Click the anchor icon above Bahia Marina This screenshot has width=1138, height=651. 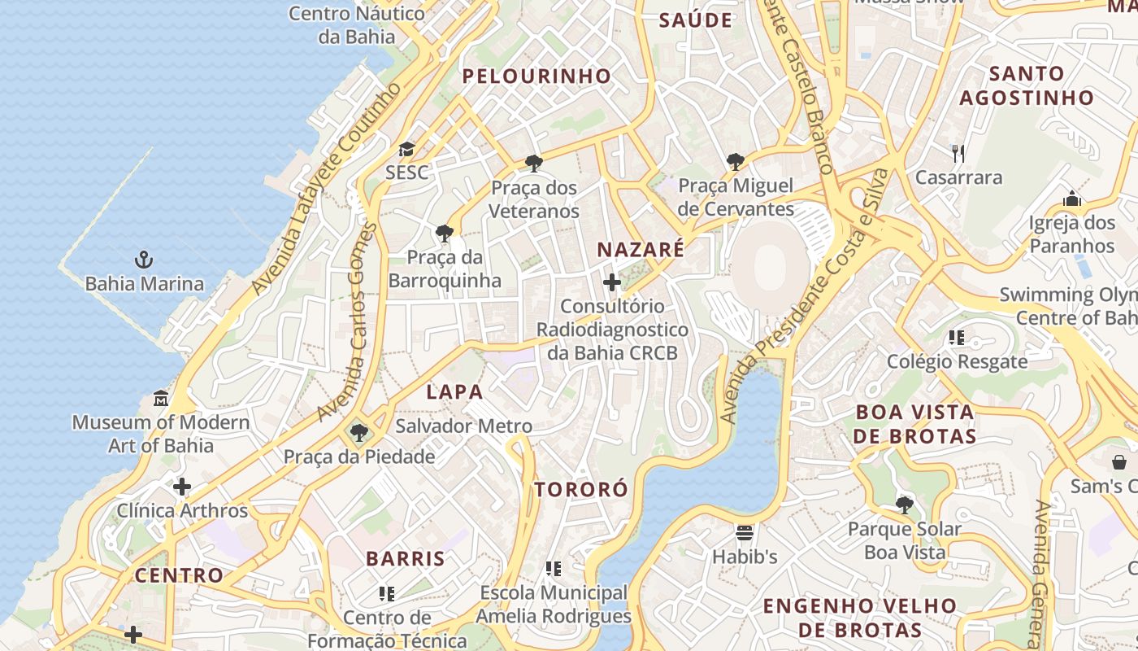point(144,260)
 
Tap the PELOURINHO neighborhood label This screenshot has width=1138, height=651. point(536,76)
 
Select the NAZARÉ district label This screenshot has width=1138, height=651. point(641,250)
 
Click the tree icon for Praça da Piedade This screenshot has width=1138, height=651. point(358,433)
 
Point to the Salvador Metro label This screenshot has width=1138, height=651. point(463,426)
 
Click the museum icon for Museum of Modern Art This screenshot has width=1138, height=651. point(161,400)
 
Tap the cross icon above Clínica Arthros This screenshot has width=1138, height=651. point(182,487)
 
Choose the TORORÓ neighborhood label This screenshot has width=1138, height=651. point(581,489)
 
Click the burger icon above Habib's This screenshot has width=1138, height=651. point(745,534)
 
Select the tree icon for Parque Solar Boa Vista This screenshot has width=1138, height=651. point(904,505)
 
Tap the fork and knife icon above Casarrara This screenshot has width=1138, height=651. point(958,153)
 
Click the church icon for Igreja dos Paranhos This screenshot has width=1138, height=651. point(1072,199)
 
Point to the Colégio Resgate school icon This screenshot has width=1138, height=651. point(957,338)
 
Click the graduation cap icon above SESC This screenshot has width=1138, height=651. point(406,149)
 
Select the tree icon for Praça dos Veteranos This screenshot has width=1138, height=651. point(534,164)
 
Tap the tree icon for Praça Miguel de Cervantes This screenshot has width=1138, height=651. point(736,162)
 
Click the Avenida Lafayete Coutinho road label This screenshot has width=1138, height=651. point(325,189)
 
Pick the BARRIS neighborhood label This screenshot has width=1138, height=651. point(406,559)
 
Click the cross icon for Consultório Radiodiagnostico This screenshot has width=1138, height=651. point(612,282)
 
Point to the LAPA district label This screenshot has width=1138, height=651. point(455,392)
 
